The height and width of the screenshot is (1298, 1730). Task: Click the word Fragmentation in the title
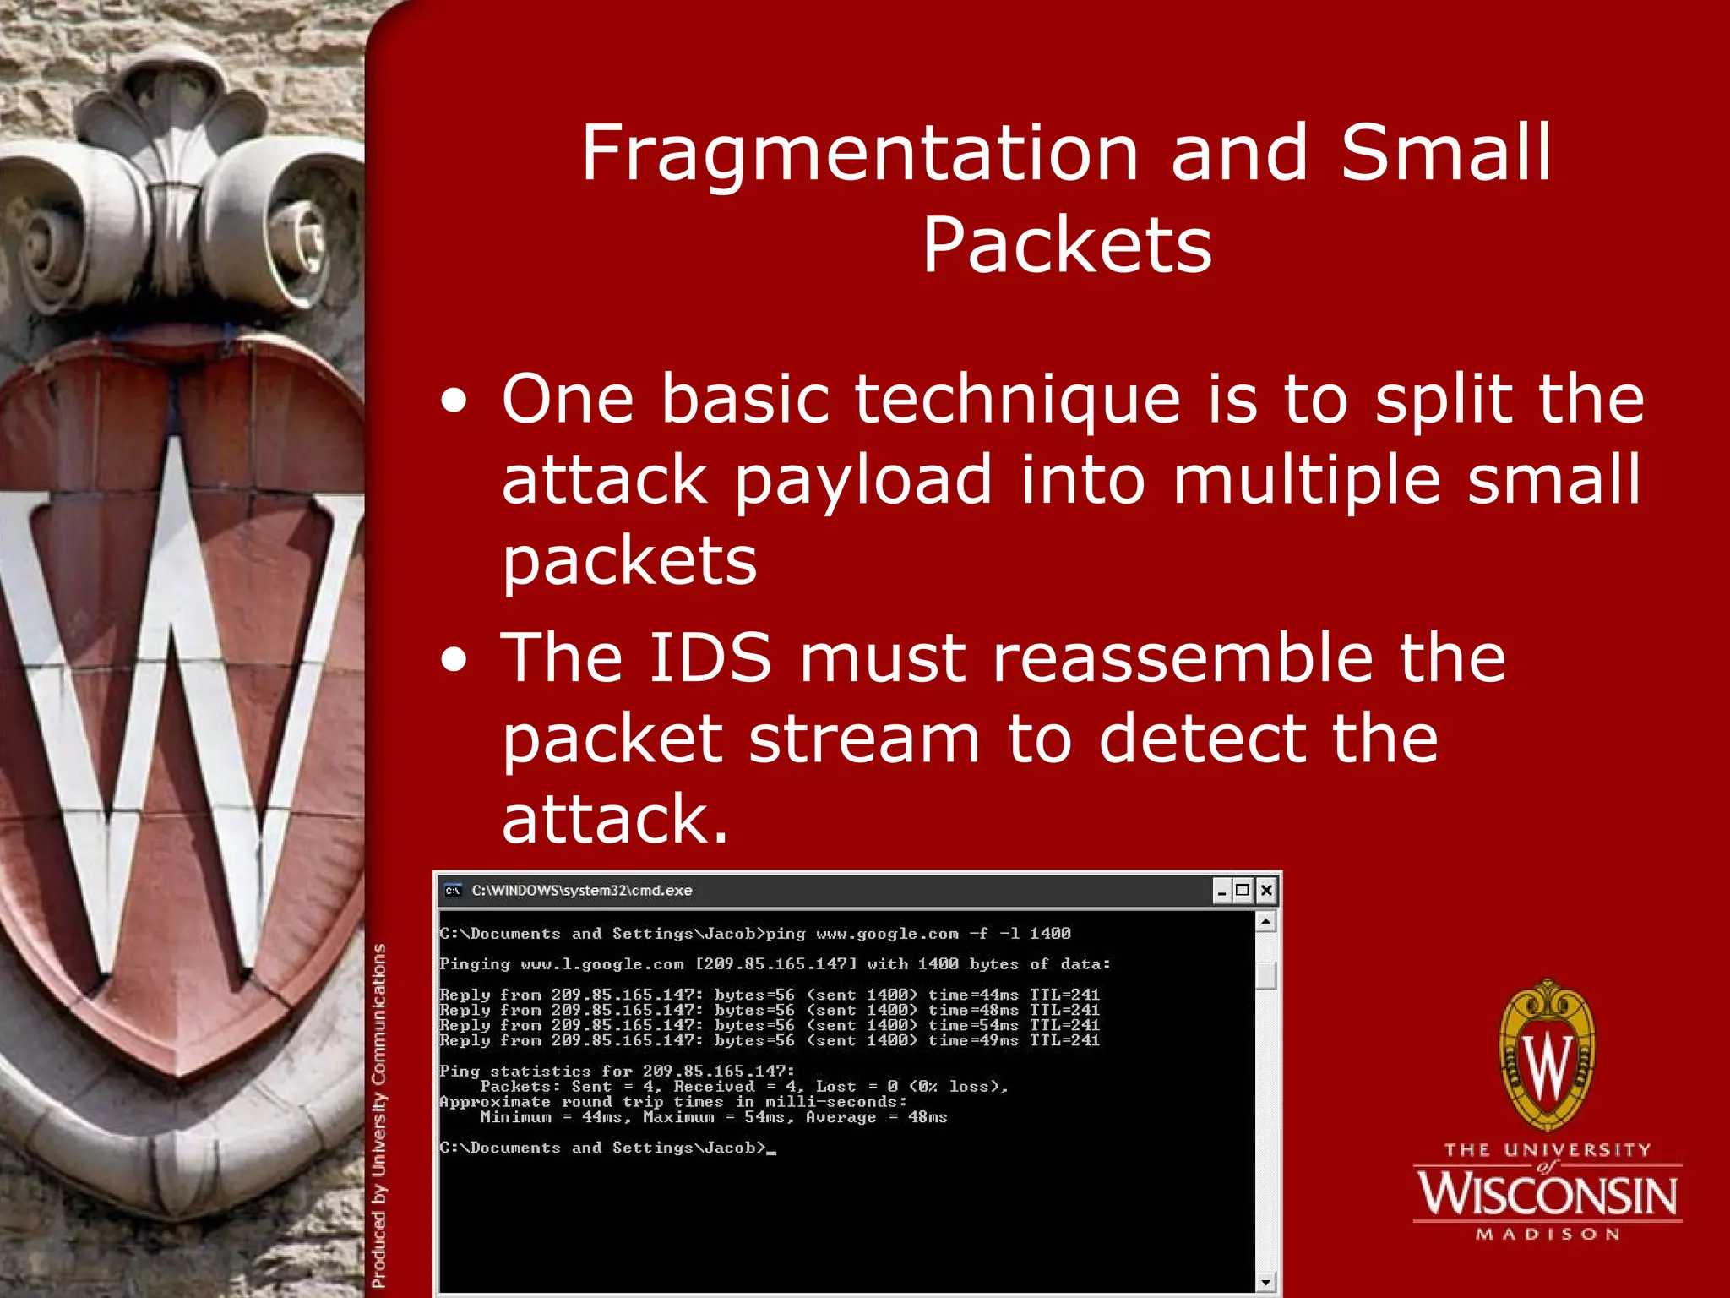point(860,154)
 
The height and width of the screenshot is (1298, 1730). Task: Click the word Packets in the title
point(1067,246)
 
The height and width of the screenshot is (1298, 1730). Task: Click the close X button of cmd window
point(1265,890)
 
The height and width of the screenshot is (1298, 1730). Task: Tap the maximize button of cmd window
point(1243,890)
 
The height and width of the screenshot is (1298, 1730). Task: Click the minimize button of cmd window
point(1221,891)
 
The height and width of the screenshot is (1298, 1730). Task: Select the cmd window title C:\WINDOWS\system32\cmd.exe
point(581,891)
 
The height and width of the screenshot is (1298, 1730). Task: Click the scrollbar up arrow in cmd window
point(1265,922)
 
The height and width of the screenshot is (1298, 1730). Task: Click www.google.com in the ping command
point(887,934)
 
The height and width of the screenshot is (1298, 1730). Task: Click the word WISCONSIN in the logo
point(1548,1195)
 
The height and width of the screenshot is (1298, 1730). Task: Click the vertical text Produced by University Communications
point(379,1115)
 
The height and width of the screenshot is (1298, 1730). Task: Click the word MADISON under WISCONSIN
point(1548,1235)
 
